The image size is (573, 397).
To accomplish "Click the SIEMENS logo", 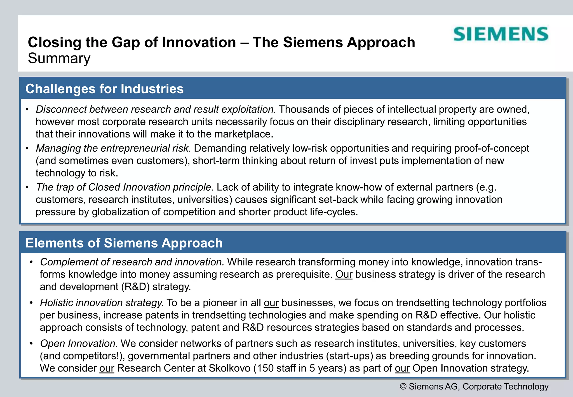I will coord(501,34).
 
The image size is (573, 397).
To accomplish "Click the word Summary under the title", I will coord(59,59).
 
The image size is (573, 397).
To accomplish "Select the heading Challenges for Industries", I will coord(104,89).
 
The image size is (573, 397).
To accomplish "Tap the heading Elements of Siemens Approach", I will coord(124,243).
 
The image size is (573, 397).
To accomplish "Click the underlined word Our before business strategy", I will coord(344,274).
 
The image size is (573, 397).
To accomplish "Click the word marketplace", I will coord(243,134).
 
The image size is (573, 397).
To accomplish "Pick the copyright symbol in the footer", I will coord(403,387).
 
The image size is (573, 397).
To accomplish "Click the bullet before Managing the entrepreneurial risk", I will coord(27,148).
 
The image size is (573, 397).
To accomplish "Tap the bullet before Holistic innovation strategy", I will coord(32,303).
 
